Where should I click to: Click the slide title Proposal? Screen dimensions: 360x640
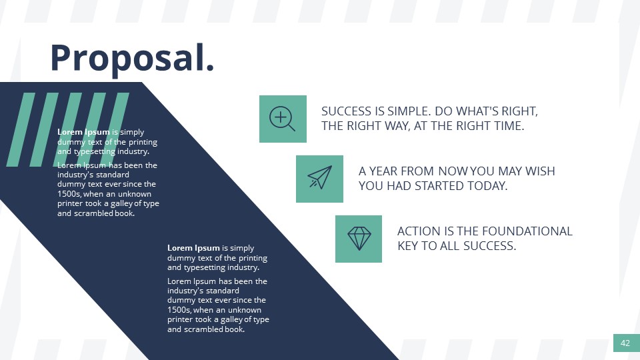(x=132, y=57)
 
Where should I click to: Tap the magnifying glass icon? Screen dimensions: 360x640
(x=283, y=119)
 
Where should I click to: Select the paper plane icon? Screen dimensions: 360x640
(x=319, y=179)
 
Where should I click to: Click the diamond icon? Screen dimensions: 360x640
(x=359, y=238)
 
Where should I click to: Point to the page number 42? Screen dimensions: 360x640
(x=625, y=343)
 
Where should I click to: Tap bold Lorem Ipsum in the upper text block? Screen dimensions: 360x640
(x=83, y=132)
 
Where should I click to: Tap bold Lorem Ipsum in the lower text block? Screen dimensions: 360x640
(x=193, y=248)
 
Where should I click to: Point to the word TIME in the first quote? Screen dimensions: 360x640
(x=507, y=126)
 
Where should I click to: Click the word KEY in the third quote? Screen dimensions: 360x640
(x=409, y=246)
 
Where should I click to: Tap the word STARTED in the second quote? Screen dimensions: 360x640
(x=429, y=186)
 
